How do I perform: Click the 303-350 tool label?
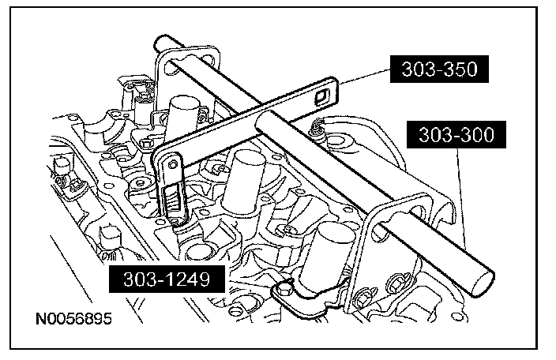tap(439, 69)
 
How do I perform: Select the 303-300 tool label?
tap(456, 135)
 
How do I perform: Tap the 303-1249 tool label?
tap(167, 279)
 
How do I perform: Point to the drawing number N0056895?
tap(73, 318)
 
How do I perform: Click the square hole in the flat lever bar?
tap(321, 96)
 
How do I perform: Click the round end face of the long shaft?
tap(483, 283)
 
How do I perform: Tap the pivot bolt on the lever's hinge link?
tap(173, 164)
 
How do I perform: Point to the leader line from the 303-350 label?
tap(364, 77)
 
